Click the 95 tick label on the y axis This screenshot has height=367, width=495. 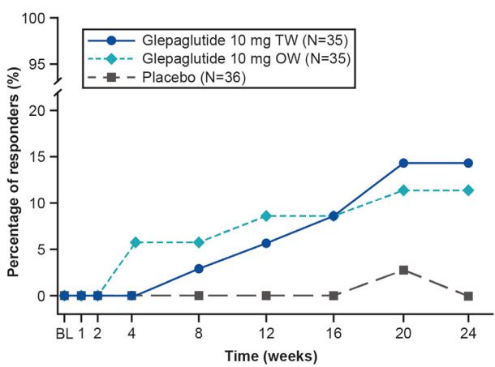(37, 64)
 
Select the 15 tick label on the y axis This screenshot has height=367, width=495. (37, 156)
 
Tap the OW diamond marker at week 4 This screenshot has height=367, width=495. (131, 242)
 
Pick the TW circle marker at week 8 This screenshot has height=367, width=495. (199, 269)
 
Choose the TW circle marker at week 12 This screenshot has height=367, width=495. (266, 243)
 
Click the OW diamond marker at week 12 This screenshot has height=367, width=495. (266, 216)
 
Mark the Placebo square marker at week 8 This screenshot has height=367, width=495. (199, 296)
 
